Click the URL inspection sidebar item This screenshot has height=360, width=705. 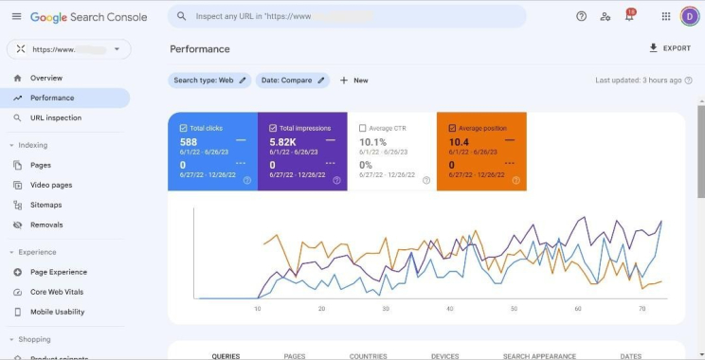[x=55, y=118]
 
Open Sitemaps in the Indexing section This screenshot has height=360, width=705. [x=45, y=205]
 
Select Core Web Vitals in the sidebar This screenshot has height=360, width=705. [x=56, y=292]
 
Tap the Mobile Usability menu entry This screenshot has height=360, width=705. [x=56, y=312]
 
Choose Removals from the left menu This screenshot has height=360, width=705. [x=46, y=225]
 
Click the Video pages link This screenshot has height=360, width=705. [x=50, y=185]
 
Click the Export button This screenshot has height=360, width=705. [x=670, y=48]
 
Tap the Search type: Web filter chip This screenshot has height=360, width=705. [x=209, y=81]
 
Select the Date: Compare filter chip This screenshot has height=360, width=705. [x=293, y=81]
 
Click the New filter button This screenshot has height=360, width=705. [x=354, y=81]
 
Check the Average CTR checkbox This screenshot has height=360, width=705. [x=364, y=128]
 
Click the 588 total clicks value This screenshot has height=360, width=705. [x=189, y=142]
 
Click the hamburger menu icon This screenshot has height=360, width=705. [x=16, y=16]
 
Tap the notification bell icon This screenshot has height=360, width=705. [x=629, y=17]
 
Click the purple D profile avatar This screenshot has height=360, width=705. [x=689, y=16]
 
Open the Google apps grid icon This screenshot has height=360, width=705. [x=665, y=16]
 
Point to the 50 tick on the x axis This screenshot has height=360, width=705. [x=514, y=309]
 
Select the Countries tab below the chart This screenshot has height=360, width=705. [x=368, y=356]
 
